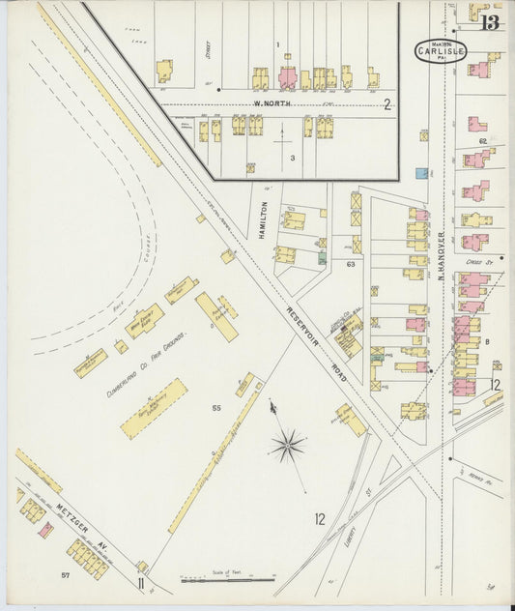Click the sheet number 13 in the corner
tap(491, 22)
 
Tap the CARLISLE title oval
tap(442, 50)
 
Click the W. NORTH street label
tap(272, 103)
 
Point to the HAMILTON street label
tap(262, 218)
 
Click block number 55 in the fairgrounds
tap(217, 409)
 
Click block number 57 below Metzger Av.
tap(66, 576)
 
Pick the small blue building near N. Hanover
tap(421, 173)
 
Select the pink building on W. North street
tap(288, 77)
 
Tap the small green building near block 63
tap(323, 258)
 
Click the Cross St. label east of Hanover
tap(477, 260)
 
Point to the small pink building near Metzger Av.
tap(44, 531)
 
